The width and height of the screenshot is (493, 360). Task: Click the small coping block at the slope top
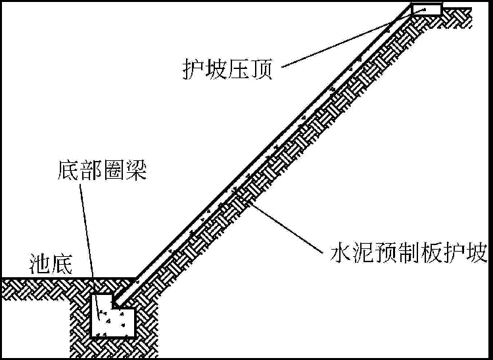point(427,9)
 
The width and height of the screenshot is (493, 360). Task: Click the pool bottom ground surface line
point(66,279)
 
